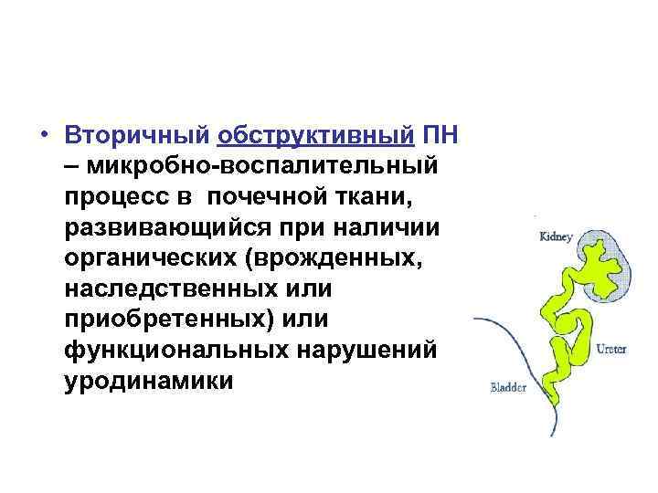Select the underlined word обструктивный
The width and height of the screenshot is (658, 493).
click(315, 135)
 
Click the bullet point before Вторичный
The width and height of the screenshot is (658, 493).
click(43, 135)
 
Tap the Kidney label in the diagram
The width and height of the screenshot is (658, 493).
click(556, 237)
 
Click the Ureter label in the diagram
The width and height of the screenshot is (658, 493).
click(611, 348)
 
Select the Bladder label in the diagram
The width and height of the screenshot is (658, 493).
click(508, 387)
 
